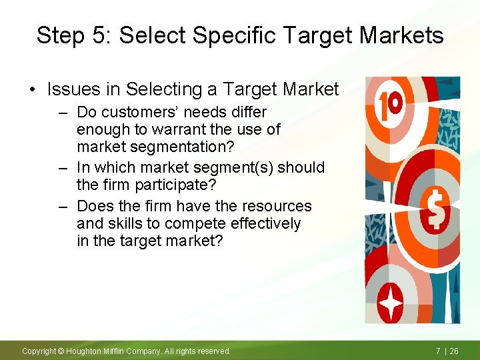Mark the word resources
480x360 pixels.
[x=275, y=206]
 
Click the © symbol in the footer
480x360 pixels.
[x=60, y=351]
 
